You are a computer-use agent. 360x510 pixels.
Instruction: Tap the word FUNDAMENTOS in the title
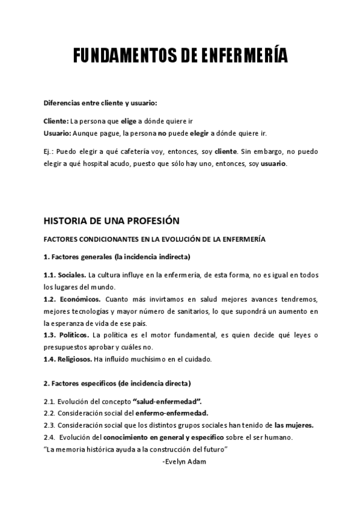(x=124, y=57)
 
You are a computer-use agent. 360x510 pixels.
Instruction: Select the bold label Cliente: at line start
(x=56, y=121)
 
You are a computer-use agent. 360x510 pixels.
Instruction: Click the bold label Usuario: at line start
(x=58, y=132)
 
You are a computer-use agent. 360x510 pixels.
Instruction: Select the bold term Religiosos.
(x=76, y=359)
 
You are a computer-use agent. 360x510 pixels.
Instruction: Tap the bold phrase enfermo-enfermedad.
(x=171, y=413)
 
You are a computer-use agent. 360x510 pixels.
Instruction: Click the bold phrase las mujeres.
(x=293, y=425)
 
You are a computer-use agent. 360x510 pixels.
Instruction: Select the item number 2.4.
(x=49, y=437)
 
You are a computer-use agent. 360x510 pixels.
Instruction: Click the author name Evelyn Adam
(x=186, y=461)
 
